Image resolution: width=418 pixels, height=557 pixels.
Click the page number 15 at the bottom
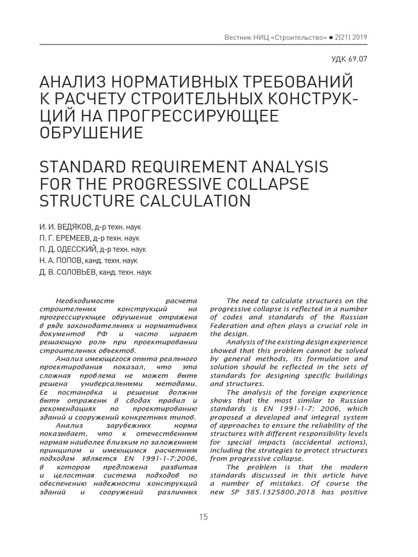[x=203, y=517]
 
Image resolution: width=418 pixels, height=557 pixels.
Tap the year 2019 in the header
[x=357, y=38]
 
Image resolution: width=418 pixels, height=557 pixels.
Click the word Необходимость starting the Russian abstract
[x=82, y=301]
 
